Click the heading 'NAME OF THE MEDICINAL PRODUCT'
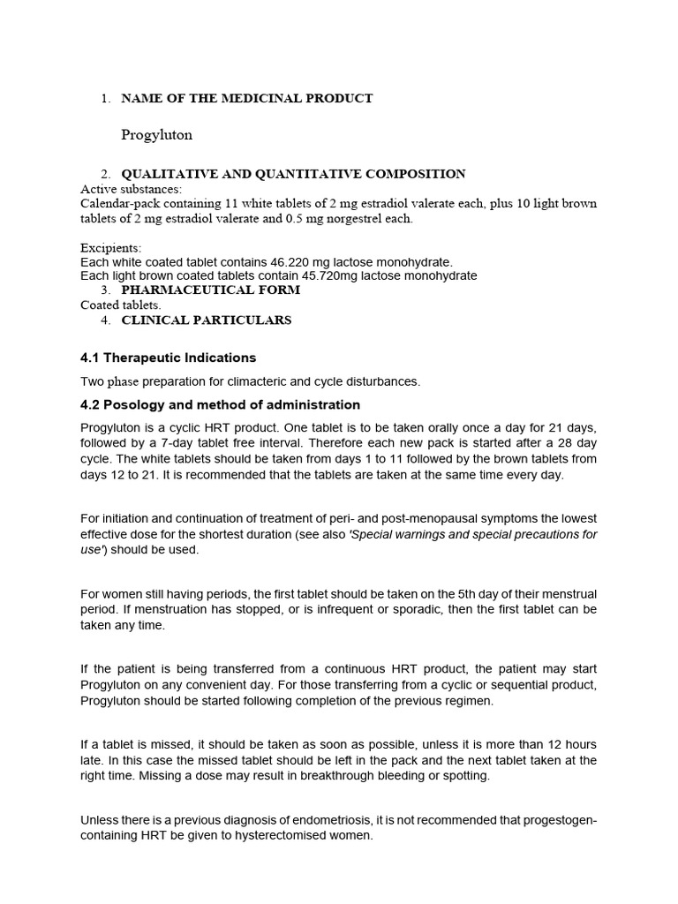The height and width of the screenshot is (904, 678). pyautogui.click(x=246, y=98)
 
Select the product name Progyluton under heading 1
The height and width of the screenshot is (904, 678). pyautogui.click(x=156, y=135)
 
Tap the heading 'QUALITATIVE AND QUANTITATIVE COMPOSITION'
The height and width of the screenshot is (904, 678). pyautogui.click(x=293, y=174)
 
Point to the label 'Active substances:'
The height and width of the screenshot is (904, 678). pyautogui.click(x=132, y=189)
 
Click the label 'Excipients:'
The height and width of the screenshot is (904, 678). pyautogui.click(x=110, y=248)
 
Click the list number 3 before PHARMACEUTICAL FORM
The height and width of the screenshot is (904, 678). pyautogui.click(x=105, y=290)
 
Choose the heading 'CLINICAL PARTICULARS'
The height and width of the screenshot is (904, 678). pyautogui.click(x=206, y=320)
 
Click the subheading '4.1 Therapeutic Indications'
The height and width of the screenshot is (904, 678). pyautogui.click(x=168, y=358)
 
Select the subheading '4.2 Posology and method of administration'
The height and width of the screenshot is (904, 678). pyautogui.click(x=220, y=404)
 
